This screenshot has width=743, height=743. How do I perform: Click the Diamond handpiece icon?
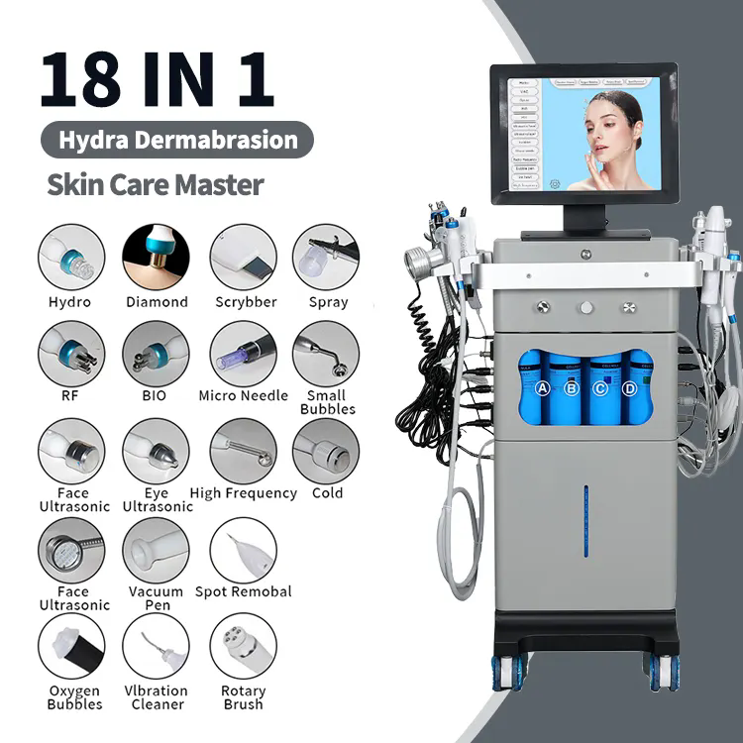[157, 258]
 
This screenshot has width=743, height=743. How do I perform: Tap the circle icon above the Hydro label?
[71, 258]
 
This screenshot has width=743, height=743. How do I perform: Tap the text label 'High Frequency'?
[243, 493]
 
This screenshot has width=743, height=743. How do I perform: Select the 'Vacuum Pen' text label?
[157, 597]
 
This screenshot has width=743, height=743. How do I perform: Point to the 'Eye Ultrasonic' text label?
[157, 499]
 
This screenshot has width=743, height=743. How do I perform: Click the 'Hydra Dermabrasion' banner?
[177, 140]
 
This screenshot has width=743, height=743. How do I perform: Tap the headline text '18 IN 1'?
[157, 81]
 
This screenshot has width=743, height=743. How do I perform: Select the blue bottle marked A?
[542, 388]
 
